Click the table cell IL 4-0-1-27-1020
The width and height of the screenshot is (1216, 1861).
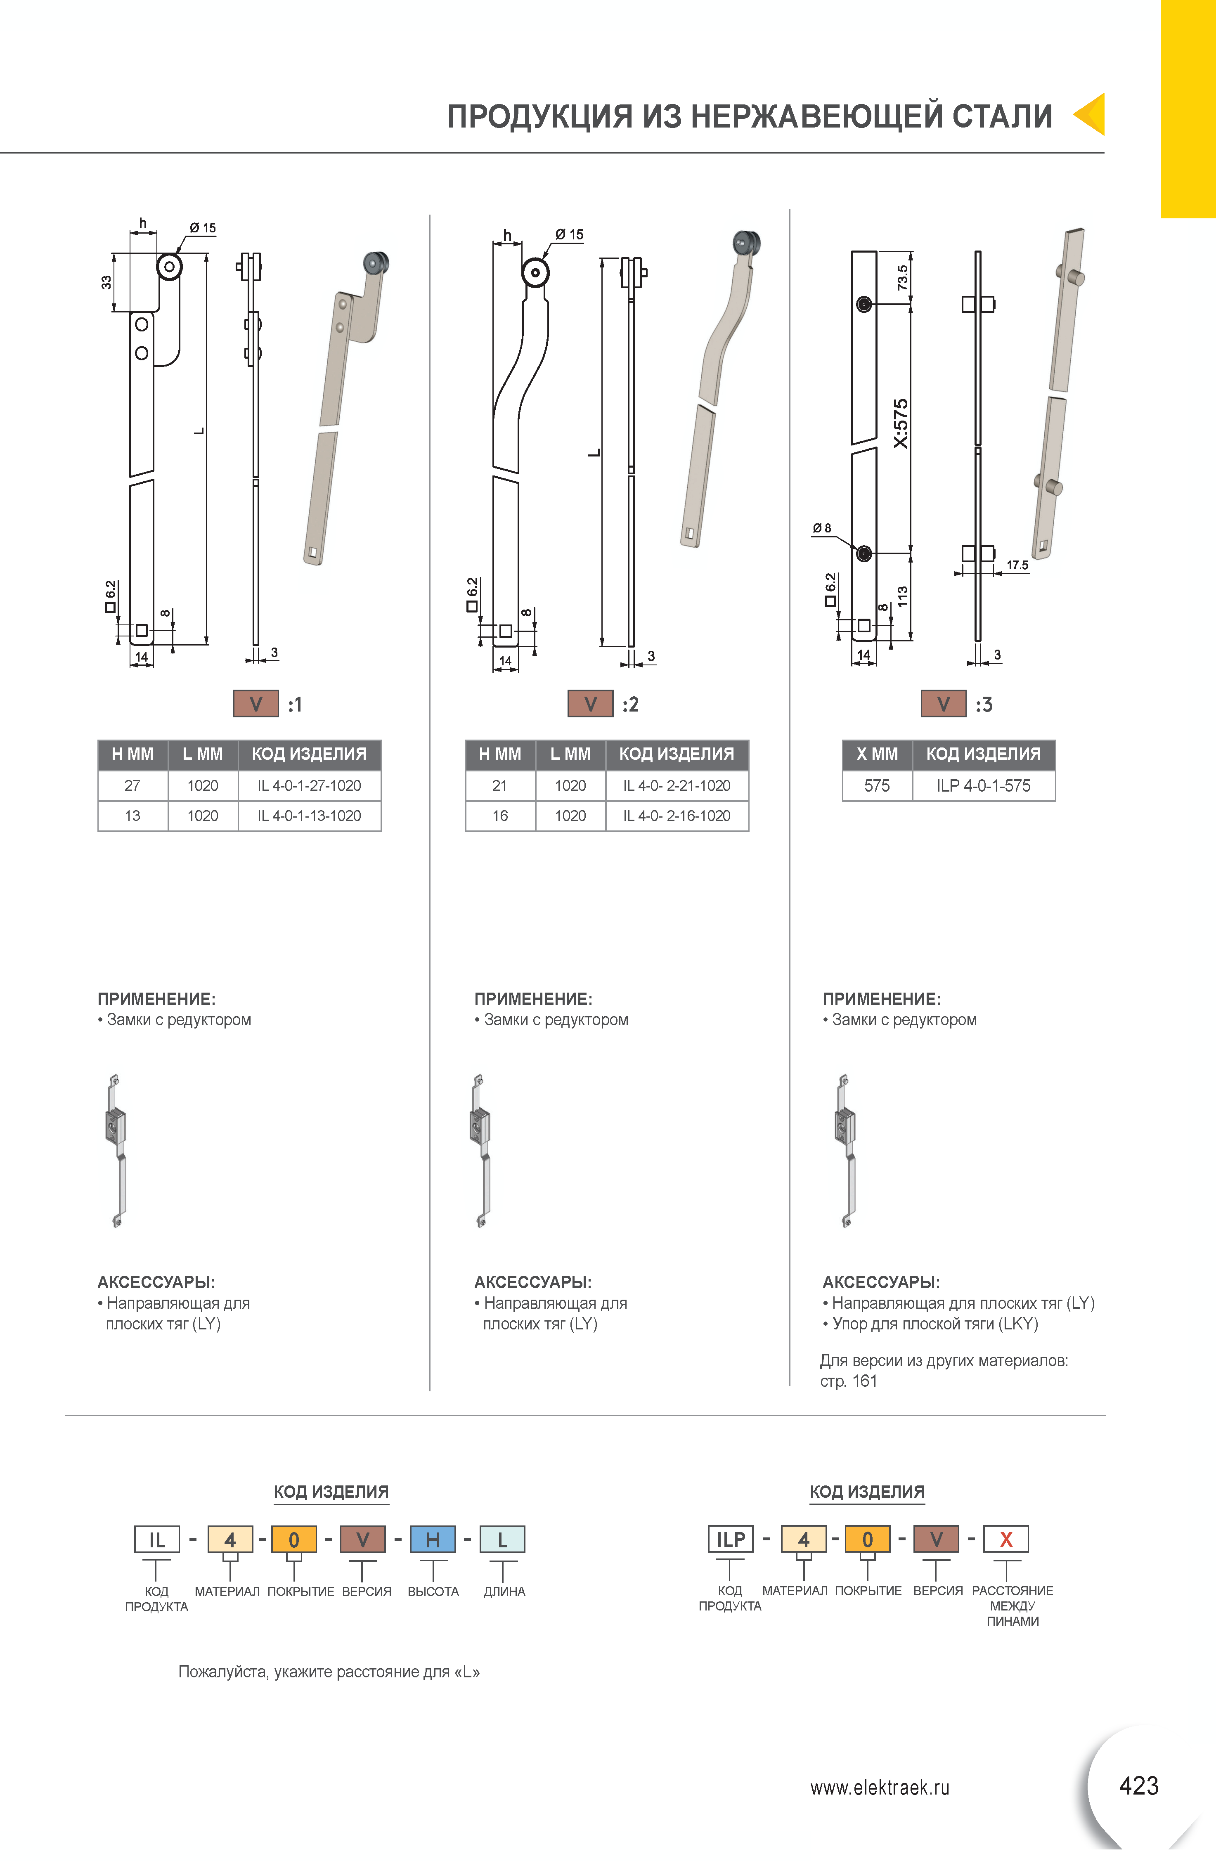(x=309, y=785)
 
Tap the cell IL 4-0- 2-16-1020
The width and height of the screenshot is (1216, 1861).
(x=677, y=816)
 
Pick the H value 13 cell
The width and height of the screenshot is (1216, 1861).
(x=132, y=816)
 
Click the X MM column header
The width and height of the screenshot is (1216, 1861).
(x=877, y=754)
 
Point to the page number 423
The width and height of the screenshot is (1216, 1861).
(x=1138, y=1785)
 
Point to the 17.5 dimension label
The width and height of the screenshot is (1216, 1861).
(x=1017, y=565)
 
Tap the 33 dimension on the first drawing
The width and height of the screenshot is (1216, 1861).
(x=106, y=282)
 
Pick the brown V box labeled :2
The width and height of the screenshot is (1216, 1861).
(x=590, y=704)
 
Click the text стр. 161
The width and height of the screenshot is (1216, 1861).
(x=849, y=1381)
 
